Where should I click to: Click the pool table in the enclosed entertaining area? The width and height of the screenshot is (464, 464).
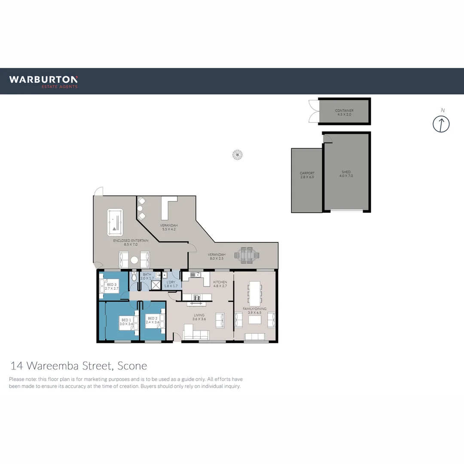tap(115, 222)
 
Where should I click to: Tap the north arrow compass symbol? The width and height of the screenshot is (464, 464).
tap(441, 124)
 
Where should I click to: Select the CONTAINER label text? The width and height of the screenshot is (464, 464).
tap(344, 111)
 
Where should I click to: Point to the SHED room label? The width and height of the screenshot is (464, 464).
tap(346, 172)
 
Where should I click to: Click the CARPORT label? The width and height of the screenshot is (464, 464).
tap(307, 173)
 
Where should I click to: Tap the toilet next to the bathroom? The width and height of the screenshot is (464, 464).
tap(134, 277)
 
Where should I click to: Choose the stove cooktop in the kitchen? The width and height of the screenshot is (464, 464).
tap(197, 297)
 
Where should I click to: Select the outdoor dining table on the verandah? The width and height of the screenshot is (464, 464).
tap(247, 255)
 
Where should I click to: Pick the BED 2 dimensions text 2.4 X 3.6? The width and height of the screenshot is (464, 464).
tap(153, 322)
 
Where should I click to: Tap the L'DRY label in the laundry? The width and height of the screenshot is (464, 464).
tap(171, 282)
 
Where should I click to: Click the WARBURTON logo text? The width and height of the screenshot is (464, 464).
tap(43, 79)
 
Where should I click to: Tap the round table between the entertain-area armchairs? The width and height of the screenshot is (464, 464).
tap(134, 260)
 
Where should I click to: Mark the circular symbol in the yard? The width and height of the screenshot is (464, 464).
tap(237, 154)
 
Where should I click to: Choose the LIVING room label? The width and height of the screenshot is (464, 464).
tap(199, 315)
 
